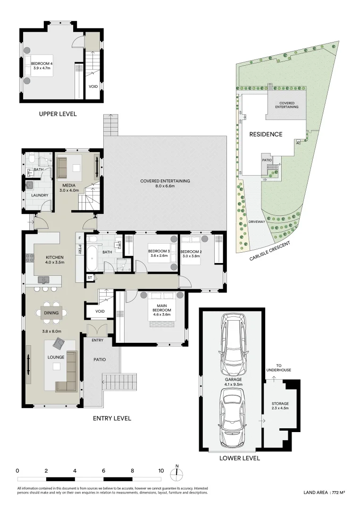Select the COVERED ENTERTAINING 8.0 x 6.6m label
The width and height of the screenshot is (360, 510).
tap(165, 183)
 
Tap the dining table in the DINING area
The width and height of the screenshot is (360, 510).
tap(52, 312)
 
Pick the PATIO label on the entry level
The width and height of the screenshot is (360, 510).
tap(100, 359)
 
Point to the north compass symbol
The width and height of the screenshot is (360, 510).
tap(177, 474)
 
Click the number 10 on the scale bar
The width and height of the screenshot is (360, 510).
tap(161, 470)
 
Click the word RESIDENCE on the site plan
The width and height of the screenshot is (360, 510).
tap(266, 134)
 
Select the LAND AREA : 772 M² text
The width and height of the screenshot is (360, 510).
tap(324, 493)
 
